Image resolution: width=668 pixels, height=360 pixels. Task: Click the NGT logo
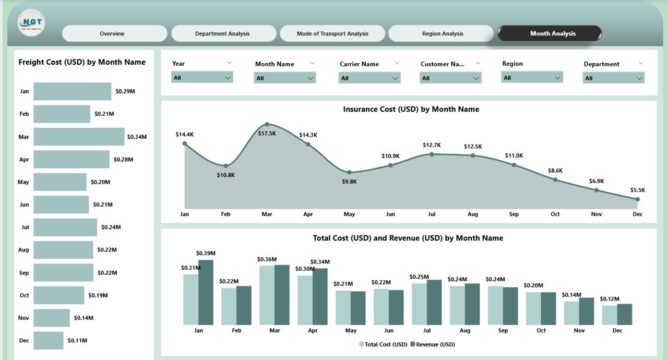[x=31, y=23]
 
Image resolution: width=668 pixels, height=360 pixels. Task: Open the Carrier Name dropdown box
[x=370, y=78]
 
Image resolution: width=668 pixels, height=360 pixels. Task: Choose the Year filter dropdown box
[x=202, y=77]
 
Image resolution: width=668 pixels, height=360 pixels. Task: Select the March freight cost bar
[x=79, y=137]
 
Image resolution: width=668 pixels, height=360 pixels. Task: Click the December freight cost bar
[x=49, y=340]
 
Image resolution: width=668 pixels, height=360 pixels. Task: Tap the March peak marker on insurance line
[x=267, y=124]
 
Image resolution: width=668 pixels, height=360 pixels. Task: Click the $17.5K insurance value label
[x=267, y=134]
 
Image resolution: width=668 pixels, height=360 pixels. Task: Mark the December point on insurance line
[x=637, y=199]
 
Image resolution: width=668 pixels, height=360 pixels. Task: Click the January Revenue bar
[x=206, y=292]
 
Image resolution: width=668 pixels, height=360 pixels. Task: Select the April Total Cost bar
[x=305, y=300]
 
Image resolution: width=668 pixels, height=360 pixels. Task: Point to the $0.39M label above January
[x=206, y=254]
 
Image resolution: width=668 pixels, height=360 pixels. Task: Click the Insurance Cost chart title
[x=411, y=110]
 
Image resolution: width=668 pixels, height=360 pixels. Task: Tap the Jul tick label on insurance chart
[x=432, y=214]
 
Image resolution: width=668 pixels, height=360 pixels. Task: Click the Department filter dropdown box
[x=613, y=78]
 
